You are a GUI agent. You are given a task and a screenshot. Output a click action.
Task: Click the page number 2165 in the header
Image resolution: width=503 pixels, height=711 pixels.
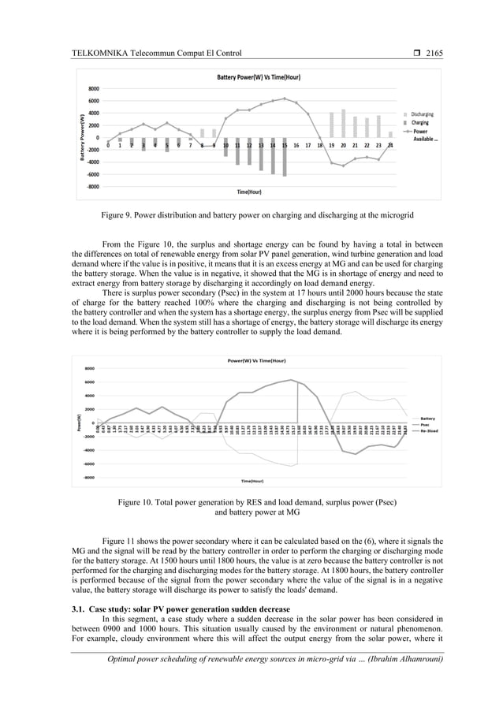(434, 54)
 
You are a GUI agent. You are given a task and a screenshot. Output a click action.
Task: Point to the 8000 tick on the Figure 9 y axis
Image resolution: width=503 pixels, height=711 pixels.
(93, 89)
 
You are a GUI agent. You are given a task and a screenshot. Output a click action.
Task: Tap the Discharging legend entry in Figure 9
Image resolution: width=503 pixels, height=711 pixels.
(421, 114)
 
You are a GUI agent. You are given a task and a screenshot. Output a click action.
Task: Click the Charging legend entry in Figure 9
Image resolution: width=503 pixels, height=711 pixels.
(419, 122)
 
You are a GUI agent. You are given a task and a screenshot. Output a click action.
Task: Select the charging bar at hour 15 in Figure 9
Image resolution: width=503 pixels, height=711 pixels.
(284, 160)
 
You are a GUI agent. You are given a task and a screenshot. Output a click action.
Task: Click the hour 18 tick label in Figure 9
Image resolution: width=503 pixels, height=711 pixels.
(319, 146)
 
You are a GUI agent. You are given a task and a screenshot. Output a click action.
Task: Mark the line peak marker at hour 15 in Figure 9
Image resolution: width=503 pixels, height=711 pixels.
(284, 99)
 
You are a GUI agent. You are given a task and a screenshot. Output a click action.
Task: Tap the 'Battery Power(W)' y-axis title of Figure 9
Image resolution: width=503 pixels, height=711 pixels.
(81, 138)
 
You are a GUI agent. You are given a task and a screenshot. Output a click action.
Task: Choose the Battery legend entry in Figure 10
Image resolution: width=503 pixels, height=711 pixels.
(427, 419)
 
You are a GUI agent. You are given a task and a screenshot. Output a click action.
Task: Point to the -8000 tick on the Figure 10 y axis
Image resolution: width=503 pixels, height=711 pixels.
(88, 477)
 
